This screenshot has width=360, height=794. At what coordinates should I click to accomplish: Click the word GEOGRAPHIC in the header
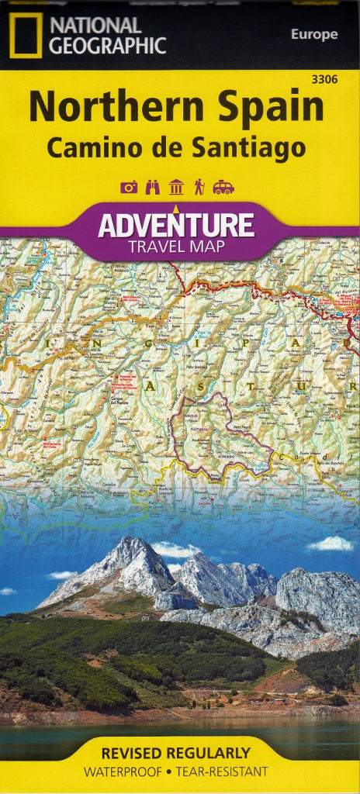pos(107,47)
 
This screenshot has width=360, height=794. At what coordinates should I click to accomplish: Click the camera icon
pos(129,187)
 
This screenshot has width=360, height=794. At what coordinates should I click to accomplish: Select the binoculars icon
pos(153,187)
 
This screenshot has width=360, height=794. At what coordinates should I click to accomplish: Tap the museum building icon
pos(176,187)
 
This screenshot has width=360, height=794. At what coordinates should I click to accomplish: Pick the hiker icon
pos(199,187)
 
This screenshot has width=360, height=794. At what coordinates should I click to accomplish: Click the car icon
pos(223,187)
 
